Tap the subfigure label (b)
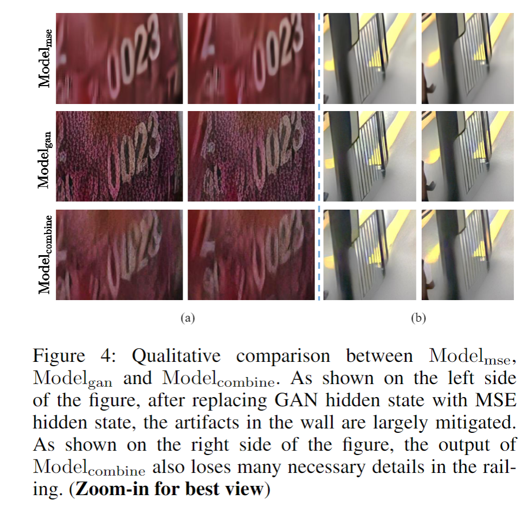click(417, 319)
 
